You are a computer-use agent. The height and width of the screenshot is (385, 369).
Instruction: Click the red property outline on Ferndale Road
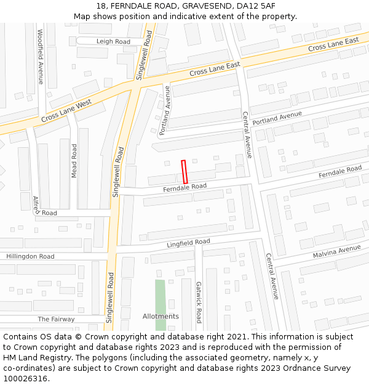183,171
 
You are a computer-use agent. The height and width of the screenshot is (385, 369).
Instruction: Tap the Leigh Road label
114,41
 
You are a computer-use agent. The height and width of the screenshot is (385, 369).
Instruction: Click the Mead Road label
74,161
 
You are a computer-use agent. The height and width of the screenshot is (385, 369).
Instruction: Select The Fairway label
56,319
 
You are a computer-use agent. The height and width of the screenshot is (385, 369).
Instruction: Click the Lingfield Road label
188,243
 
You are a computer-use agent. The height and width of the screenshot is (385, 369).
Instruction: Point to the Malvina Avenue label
336,251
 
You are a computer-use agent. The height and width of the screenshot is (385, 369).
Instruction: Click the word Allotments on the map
161,317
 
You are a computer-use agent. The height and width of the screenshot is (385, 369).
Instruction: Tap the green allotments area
161,296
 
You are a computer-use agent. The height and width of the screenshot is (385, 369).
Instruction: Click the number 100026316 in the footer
26,378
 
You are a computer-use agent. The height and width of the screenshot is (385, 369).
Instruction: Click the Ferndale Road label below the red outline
184,187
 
